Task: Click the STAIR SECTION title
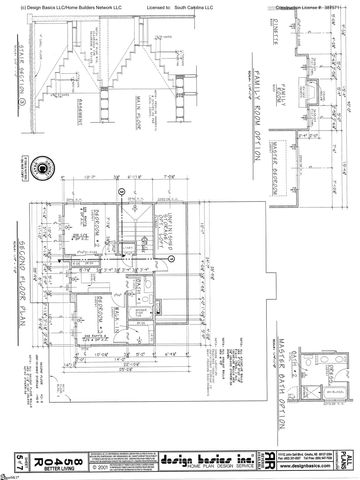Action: pos(19,76)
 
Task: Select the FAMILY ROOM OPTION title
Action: pos(249,104)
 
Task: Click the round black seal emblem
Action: pos(42,166)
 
